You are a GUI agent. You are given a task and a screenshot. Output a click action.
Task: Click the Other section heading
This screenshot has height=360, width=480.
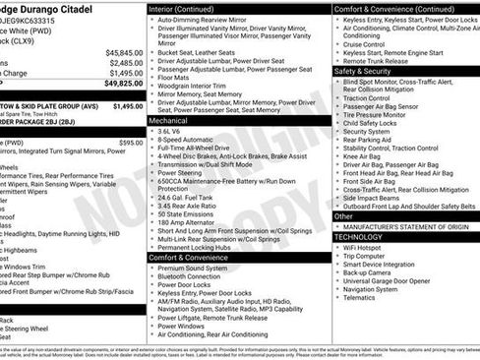coord(343,215)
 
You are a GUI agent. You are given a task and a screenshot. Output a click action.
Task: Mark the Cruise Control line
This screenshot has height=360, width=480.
coord(364,43)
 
